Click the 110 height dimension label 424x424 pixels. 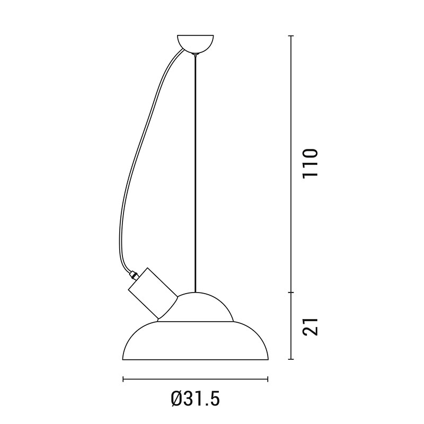click(x=310, y=163)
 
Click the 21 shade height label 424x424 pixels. click(x=310, y=326)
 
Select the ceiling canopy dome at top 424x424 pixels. click(x=195, y=44)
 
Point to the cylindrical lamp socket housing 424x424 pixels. click(x=153, y=293)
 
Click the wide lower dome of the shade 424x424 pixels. click(x=195, y=341)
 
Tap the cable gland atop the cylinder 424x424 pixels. click(x=134, y=275)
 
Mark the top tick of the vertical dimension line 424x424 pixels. click(x=291, y=36)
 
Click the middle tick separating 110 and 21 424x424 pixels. click(x=291, y=293)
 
